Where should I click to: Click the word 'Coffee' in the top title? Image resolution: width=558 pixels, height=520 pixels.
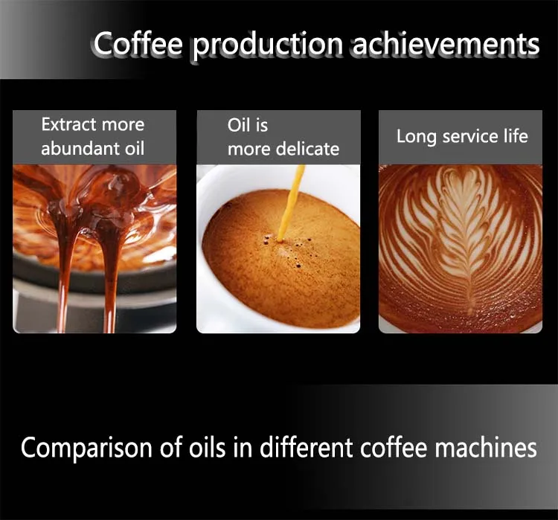click(x=138, y=44)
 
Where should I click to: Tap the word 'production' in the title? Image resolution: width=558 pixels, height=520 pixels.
click(x=268, y=46)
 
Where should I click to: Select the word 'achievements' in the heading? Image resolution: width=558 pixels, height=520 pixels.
click(x=446, y=44)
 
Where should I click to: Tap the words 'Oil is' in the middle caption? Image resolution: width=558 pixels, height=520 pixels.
click(x=248, y=125)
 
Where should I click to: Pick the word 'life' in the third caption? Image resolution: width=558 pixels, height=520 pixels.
click(x=516, y=136)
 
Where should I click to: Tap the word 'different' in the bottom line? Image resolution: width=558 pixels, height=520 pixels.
click(x=306, y=447)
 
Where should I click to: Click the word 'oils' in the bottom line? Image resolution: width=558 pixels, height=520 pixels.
click(x=207, y=447)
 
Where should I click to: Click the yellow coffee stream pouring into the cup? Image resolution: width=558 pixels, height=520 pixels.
click(x=290, y=203)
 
